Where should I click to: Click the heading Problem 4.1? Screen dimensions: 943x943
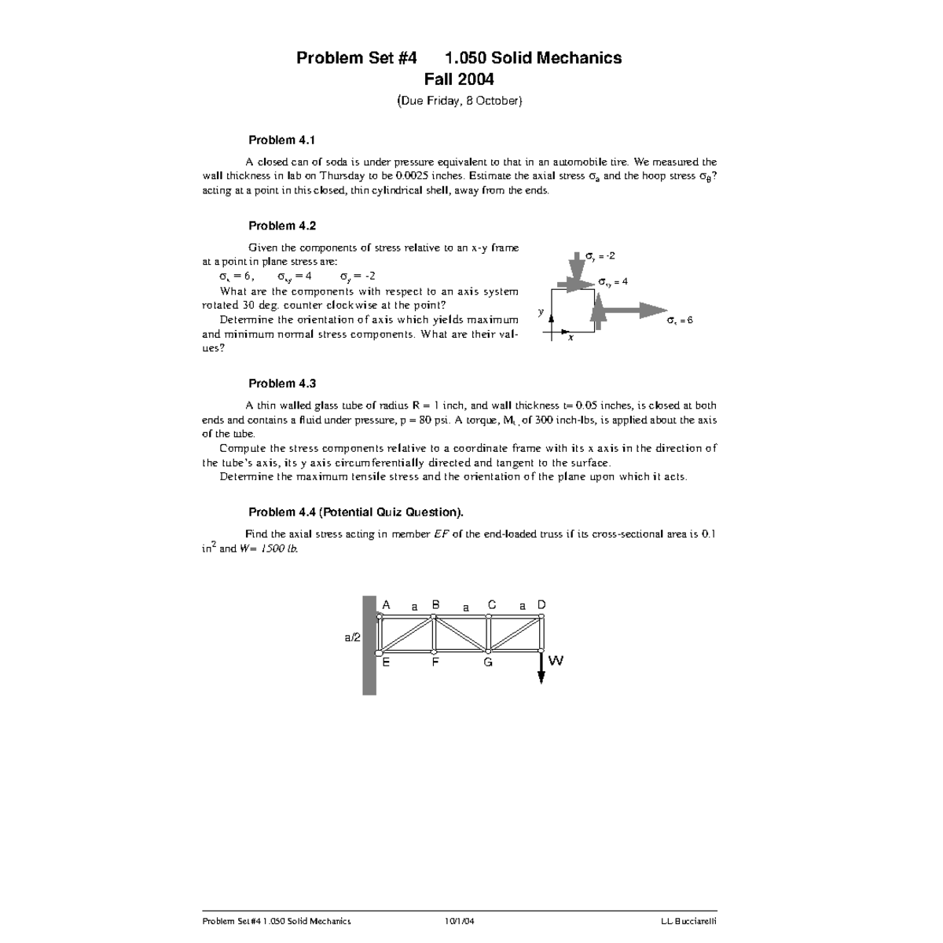pos(281,141)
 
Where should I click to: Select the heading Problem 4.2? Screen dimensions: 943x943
pos(282,226)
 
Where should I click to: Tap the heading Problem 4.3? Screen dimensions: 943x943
pos(282,383)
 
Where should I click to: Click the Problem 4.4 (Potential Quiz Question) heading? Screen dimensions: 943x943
pos(355,512)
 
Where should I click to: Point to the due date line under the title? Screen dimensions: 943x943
pos(459,101)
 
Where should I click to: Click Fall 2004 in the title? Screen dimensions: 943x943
pos(459,79)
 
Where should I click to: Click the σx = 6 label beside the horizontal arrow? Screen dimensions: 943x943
pos(680,321)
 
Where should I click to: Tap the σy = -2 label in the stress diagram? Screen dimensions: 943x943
pos(600,256)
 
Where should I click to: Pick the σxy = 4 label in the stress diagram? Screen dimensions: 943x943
pos(613,281)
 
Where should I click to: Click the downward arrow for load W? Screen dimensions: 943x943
pos(541,668)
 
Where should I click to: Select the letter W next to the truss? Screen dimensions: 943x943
pos(556,661)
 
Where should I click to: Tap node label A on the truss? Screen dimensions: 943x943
pos(386,605)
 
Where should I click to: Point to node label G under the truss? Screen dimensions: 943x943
pos(488,662)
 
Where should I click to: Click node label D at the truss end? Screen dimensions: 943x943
pos(541,605)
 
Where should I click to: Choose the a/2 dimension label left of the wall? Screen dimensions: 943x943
pos(353,637)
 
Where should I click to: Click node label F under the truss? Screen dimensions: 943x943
pos(435,662)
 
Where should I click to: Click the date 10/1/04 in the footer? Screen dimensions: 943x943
pos(459,921)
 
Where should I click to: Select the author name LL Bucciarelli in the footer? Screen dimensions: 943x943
pos(688,921)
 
